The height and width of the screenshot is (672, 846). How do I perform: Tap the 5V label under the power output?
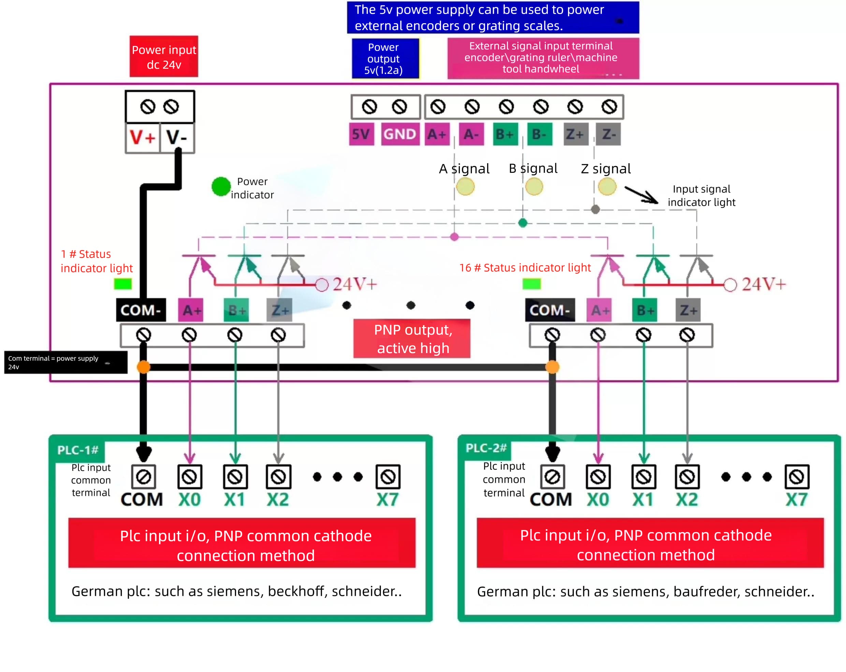361,134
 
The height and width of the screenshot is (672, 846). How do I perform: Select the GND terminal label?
400,134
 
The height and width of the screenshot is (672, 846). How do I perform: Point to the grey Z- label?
608,134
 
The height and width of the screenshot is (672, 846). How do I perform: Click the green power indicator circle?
221,186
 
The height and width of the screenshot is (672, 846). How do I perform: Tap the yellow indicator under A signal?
465,186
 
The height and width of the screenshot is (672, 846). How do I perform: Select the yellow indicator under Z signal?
607,186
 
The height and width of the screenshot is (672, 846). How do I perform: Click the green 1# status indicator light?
123,283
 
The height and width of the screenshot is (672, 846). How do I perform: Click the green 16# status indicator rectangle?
532,283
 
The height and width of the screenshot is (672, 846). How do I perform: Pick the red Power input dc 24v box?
164,57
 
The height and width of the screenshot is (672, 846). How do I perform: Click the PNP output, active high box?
412,338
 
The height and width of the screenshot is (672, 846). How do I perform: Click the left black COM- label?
141,310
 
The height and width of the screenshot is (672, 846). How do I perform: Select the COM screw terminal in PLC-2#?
553,477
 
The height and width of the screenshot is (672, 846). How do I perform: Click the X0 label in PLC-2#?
598,500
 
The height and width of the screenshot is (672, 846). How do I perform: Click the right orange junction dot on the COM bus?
553,367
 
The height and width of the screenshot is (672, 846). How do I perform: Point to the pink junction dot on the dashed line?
454,237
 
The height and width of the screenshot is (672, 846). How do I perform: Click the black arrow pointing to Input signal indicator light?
641,195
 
